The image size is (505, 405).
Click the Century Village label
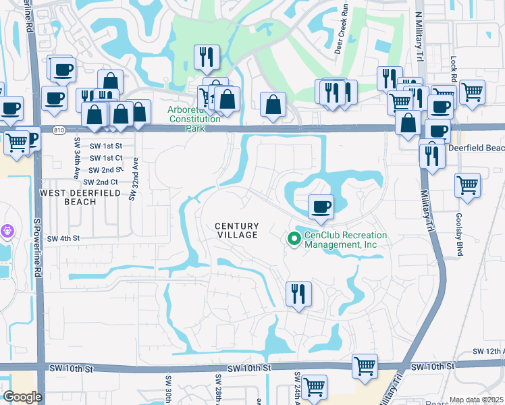237,230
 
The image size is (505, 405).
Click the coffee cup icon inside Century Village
321,207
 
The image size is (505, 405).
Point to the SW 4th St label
63,238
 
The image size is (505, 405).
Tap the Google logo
22,397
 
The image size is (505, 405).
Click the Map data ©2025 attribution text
476,400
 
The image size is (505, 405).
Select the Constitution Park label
194,119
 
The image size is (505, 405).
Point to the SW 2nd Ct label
101,182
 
